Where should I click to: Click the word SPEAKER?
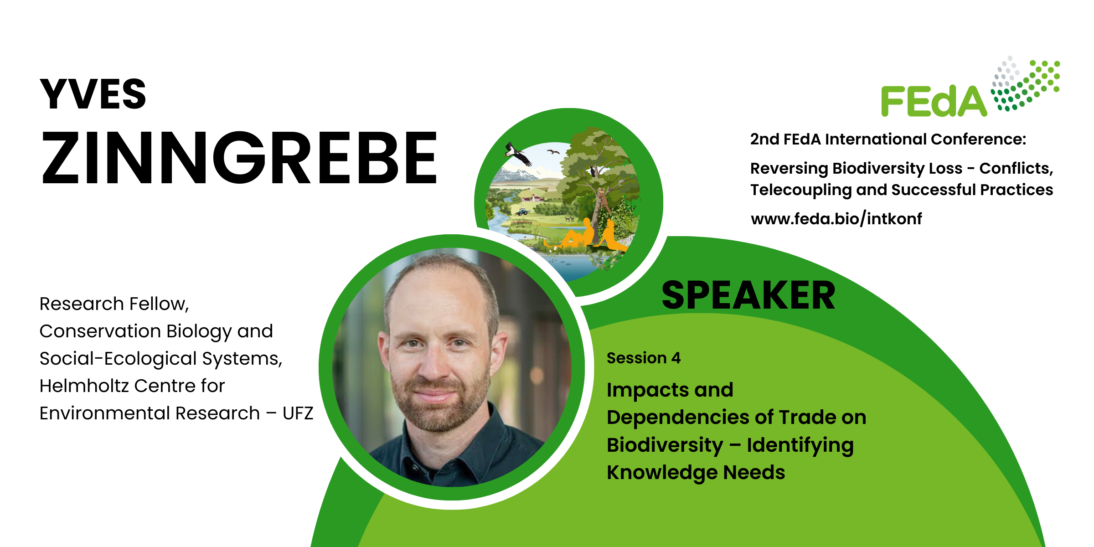tap(748, 295)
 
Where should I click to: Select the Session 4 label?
tap(644, 358)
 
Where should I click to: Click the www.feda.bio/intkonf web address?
tap(836, 219)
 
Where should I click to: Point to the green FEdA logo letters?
tap(934, 101)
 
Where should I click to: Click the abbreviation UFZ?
tap(298, 413)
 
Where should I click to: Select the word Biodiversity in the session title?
tap(665, 445)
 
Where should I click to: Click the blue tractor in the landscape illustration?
tap(522, 212)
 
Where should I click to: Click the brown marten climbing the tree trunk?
tap(602, 199)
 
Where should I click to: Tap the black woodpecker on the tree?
tap(593, 171)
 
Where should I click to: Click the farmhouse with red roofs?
tap(532, 198)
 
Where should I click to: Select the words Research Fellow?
tap(114, 304)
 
